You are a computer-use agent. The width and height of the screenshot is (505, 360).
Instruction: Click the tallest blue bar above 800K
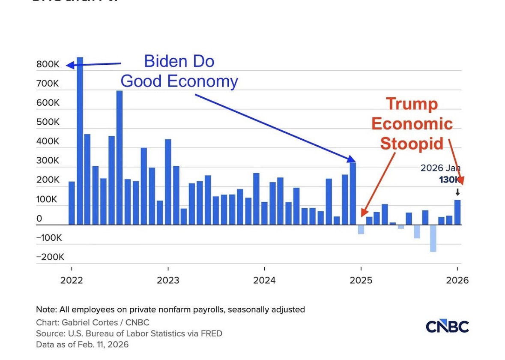point(80,141)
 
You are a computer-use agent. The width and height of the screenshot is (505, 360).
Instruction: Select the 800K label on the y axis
point(48,64)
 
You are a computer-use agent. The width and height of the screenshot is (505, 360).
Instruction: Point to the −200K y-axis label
point(50,257)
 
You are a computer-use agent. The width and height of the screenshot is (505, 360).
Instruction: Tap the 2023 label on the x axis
point(168,280)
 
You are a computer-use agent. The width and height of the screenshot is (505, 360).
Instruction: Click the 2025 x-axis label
point(361,280)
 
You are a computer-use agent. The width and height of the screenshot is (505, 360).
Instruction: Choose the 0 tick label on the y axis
point(39,219)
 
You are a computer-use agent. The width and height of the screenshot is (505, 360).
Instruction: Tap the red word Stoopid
point(412,143)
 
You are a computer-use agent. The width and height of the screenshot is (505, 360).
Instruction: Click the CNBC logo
point(447,327)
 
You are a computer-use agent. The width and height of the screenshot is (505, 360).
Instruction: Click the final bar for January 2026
point(457,212)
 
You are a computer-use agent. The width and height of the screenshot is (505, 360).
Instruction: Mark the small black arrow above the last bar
point(457,192)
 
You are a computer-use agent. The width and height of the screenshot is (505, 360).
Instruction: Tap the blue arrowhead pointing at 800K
point(70,65)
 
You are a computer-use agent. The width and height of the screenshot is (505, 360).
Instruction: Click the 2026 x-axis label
point(457,280)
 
